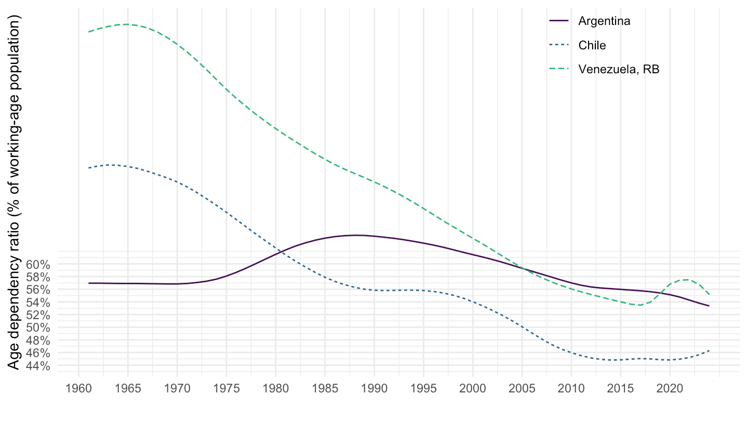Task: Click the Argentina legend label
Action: (x=604, y=21)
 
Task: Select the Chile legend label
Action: (x=592, y=45)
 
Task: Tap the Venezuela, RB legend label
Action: (x=619, y=70)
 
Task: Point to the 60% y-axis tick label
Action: (x=37, y=265)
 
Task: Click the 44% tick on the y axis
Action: (x=37, y=366)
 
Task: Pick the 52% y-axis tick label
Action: (x=37, y=315)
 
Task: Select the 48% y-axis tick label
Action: (x=37, y=340)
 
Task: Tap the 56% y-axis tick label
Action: (x=37, y=290)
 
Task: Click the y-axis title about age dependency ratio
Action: (x=15, y=192)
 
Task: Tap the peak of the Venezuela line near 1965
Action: (x=127, y=24)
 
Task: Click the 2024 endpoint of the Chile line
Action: (x=709, y=351)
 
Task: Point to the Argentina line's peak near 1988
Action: (x=356, y=235)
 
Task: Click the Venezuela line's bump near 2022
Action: (x=688, y=280)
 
